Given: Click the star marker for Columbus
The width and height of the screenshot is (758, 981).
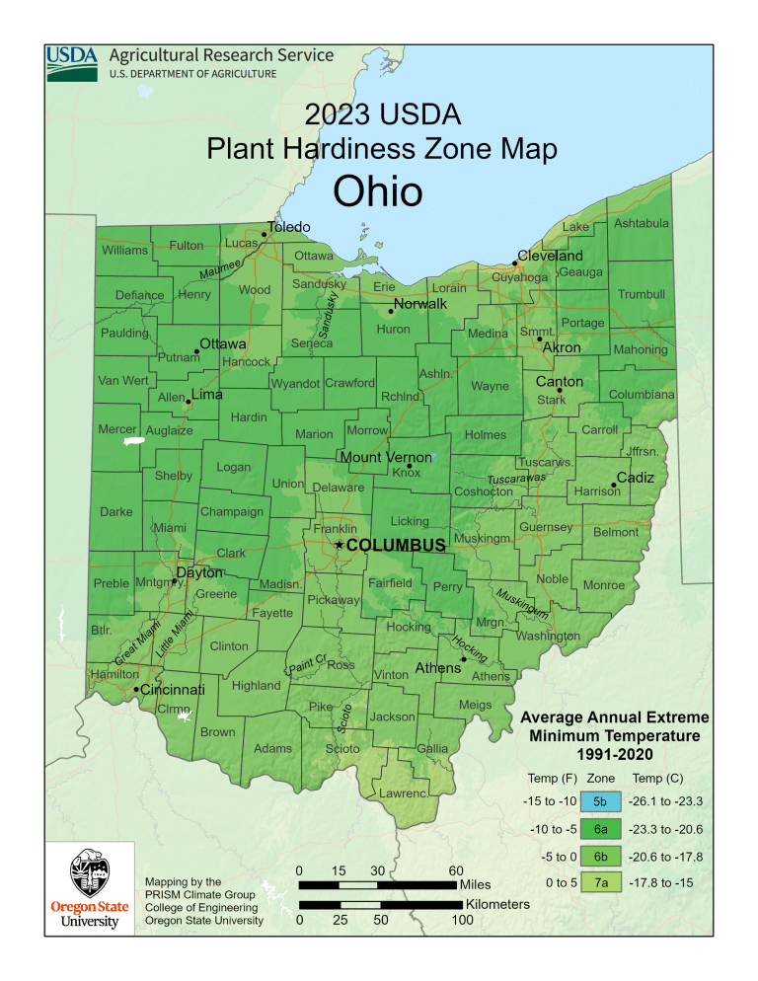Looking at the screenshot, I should [x=340, y=545].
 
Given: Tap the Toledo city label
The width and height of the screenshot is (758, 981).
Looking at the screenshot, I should [x=289, y=227].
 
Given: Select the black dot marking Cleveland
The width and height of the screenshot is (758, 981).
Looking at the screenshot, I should [x=514, y=264].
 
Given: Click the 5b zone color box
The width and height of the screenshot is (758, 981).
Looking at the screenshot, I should [x=601, y=800].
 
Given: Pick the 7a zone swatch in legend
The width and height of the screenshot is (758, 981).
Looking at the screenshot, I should [x=601, y=882].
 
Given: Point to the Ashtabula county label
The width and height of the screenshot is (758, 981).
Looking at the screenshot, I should [x=642, y=224].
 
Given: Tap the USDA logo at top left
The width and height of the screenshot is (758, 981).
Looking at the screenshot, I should [x=71, y=63].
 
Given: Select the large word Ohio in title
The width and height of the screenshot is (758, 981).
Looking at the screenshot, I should [x=377, y=191].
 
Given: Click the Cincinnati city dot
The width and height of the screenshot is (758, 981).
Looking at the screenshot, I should [x=136, y=689].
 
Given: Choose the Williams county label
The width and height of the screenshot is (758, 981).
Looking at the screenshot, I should [x=124, y=251].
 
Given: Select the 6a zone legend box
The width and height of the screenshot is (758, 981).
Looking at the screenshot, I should [x=601, y=828].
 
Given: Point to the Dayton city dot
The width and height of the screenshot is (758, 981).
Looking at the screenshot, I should [x=175, y=581].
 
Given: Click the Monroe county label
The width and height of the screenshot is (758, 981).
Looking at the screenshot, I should [x=604, y=585].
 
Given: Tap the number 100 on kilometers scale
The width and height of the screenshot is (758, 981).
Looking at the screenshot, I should [x=462, y=921].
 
